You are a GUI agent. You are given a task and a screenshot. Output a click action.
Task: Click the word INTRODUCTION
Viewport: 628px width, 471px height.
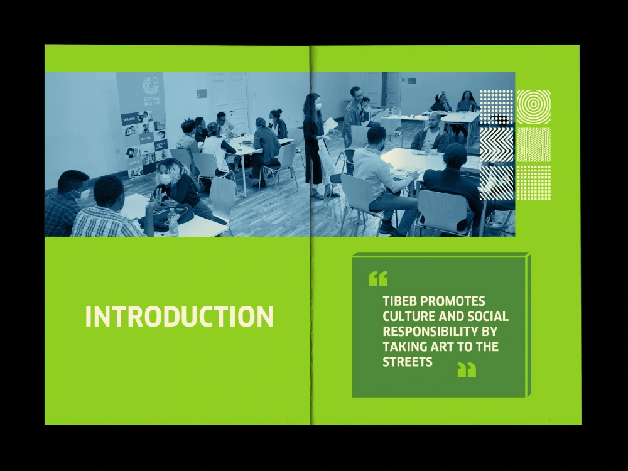click(179, 316)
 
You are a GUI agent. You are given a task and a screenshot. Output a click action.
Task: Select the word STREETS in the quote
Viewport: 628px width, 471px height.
click(408, 362)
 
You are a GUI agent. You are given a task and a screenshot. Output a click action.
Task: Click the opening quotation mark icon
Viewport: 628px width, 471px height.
click(378, 278)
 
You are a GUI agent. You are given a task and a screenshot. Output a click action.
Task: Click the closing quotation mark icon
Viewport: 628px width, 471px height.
click(467, 369)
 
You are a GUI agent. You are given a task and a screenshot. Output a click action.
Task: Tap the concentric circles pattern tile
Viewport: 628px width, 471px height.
click(533, 107)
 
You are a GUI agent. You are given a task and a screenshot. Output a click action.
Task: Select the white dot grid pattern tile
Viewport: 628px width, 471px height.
click(496, 107)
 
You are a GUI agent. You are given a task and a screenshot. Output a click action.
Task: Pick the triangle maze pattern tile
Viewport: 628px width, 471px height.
click(533, 145)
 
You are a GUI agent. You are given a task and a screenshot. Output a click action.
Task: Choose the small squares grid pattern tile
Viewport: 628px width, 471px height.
click(533, 183)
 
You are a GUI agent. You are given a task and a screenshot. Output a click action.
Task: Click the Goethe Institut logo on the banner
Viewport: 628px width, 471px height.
click(149, 86)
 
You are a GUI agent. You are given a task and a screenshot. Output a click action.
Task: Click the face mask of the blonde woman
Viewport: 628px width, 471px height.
click(165, 179)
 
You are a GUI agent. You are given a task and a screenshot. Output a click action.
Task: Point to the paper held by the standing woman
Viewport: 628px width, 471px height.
click(330, 125)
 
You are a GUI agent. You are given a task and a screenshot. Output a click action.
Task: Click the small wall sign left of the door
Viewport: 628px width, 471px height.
click(202, 93)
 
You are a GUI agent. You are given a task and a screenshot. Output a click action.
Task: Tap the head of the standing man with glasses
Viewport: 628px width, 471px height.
click(356, 93)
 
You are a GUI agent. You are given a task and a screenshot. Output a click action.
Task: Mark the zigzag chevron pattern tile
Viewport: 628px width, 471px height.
click(496, 145)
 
